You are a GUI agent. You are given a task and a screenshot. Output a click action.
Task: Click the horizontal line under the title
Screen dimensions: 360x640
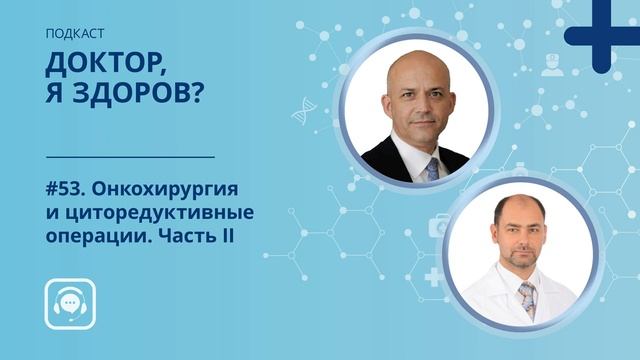click(x=131, y=157)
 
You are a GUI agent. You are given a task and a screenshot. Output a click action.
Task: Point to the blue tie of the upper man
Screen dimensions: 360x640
click(x=431, y=167)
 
